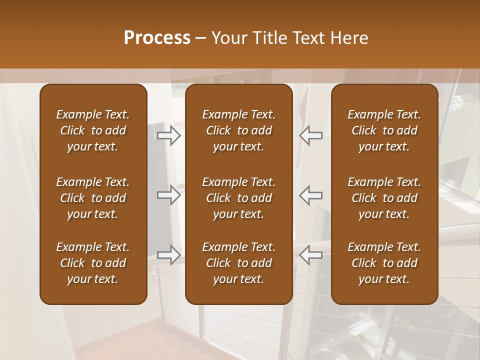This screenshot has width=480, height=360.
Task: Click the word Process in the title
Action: coord(157,38)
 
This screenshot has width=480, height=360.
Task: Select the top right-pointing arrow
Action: coord(169,135)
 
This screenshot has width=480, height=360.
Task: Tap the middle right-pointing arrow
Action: coord(169,195)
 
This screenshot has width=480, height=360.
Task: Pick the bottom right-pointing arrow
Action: coord(169,254)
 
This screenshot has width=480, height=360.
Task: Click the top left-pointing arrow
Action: coord(310,135)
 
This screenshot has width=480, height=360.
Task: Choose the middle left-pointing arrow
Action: coord(310,195)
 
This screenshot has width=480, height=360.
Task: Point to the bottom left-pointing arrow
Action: coord(310,254)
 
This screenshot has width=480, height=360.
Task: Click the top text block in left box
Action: coord(93,130)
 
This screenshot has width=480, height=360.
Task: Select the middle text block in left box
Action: coord(93,198)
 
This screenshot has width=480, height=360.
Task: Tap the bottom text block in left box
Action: coord(93,263)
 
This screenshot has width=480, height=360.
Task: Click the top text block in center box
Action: coord(238,130)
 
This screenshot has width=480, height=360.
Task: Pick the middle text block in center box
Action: coord(238,198)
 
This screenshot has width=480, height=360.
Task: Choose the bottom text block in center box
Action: coord(238,263)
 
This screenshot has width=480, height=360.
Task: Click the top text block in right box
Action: coord(384,130)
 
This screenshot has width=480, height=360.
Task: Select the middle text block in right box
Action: coord(384,198)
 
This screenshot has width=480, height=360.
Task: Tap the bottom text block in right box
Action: coord(384,263)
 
